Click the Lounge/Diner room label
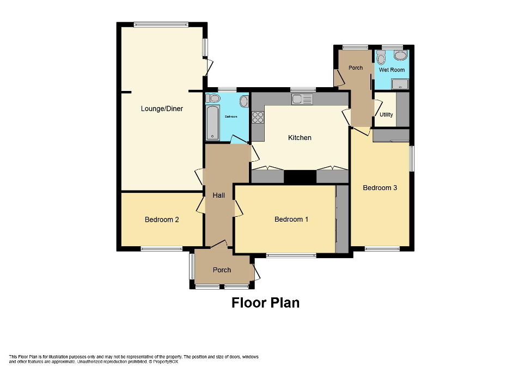point(162,108)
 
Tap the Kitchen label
point(300,138)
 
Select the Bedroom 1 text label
point(291,219)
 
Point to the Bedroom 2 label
point(162,220)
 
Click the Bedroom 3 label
point(380,188)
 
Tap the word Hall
point(218,196)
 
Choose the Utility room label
point(386,115)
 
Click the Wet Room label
point(392,70)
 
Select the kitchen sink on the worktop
point(302,99)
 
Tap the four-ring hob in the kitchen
point(258,117)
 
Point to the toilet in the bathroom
point(213,98)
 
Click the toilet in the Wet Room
point(381,57)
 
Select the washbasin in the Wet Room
point(400,56)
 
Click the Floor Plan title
point(265,302)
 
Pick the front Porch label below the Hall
point(222,270)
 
